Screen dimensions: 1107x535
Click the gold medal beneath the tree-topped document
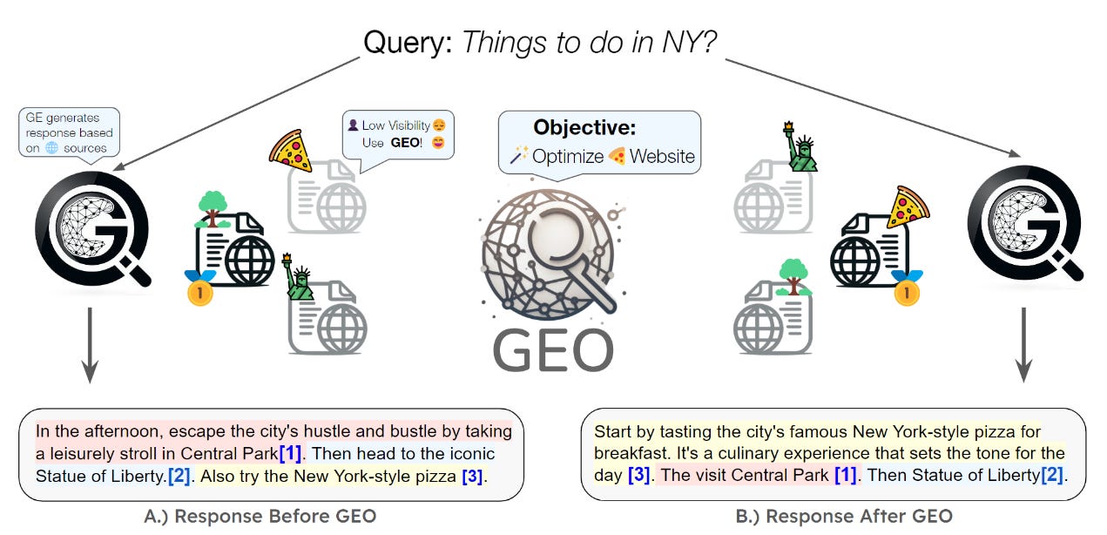[199, 290]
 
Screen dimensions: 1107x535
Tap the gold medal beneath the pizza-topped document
[906, 291]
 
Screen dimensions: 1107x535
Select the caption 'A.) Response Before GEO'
[260, 516]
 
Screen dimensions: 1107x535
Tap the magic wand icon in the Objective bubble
[519, 157]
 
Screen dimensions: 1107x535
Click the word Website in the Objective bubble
[663, 157]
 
